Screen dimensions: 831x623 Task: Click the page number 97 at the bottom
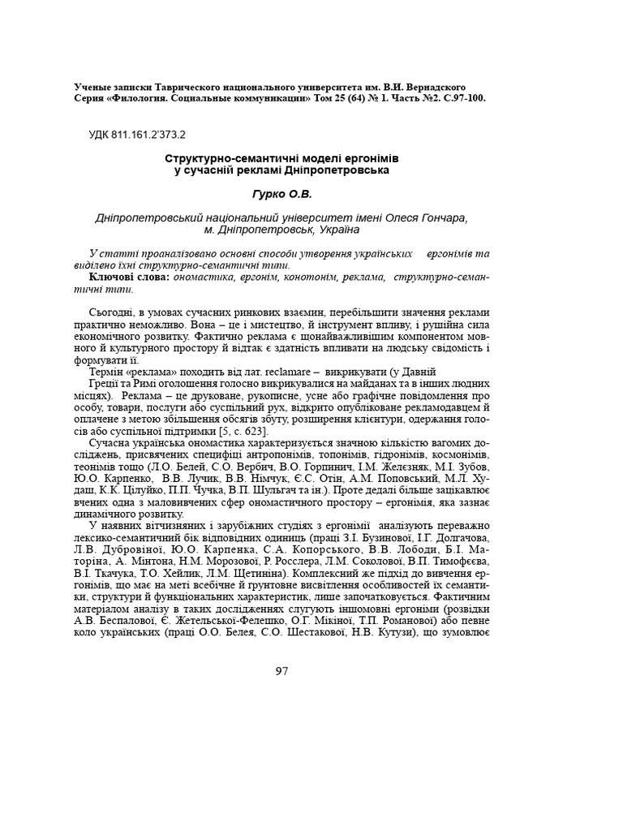pyautogui.click(x=281, y=671)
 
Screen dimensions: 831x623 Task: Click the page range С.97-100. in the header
pyautogui.click(x=458, y=97)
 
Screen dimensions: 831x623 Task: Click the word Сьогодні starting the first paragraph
pyautogui.click(x=112, y=312)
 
